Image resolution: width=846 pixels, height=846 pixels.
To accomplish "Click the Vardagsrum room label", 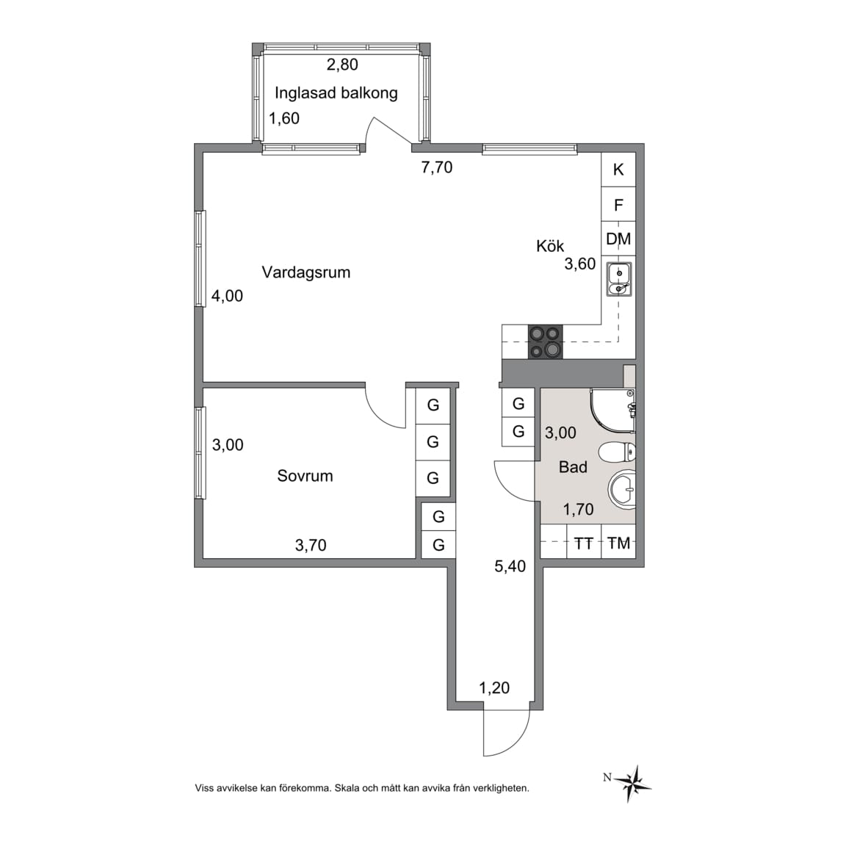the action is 306,272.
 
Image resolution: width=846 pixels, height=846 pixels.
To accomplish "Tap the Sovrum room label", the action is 305,476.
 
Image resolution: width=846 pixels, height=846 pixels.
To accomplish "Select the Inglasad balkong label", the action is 336,93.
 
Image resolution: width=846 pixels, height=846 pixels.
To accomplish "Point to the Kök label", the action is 550,246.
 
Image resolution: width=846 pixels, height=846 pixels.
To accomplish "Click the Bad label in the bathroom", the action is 573,467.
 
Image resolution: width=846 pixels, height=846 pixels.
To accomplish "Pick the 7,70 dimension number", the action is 437,167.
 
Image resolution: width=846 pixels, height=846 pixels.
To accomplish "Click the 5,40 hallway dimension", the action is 510,566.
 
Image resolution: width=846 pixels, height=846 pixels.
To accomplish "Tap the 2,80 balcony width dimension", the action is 343,65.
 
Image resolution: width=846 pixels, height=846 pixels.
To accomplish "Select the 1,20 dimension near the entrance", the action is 494,688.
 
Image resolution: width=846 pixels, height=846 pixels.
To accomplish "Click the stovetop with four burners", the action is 546,342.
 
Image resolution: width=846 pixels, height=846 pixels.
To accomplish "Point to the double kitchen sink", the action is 619,280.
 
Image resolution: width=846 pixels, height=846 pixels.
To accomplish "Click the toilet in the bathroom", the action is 618,452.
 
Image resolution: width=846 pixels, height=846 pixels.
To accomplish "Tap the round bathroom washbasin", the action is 623,490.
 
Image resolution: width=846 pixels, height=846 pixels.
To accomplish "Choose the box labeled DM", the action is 618,239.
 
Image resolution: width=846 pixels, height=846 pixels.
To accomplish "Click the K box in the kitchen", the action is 618,170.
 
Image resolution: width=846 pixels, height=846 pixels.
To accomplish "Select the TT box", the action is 583,543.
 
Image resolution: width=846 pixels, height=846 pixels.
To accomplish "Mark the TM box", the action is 619,543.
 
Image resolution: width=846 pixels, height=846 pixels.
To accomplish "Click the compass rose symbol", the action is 633,784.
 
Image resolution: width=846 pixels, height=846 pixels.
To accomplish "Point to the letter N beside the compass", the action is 607,778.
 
